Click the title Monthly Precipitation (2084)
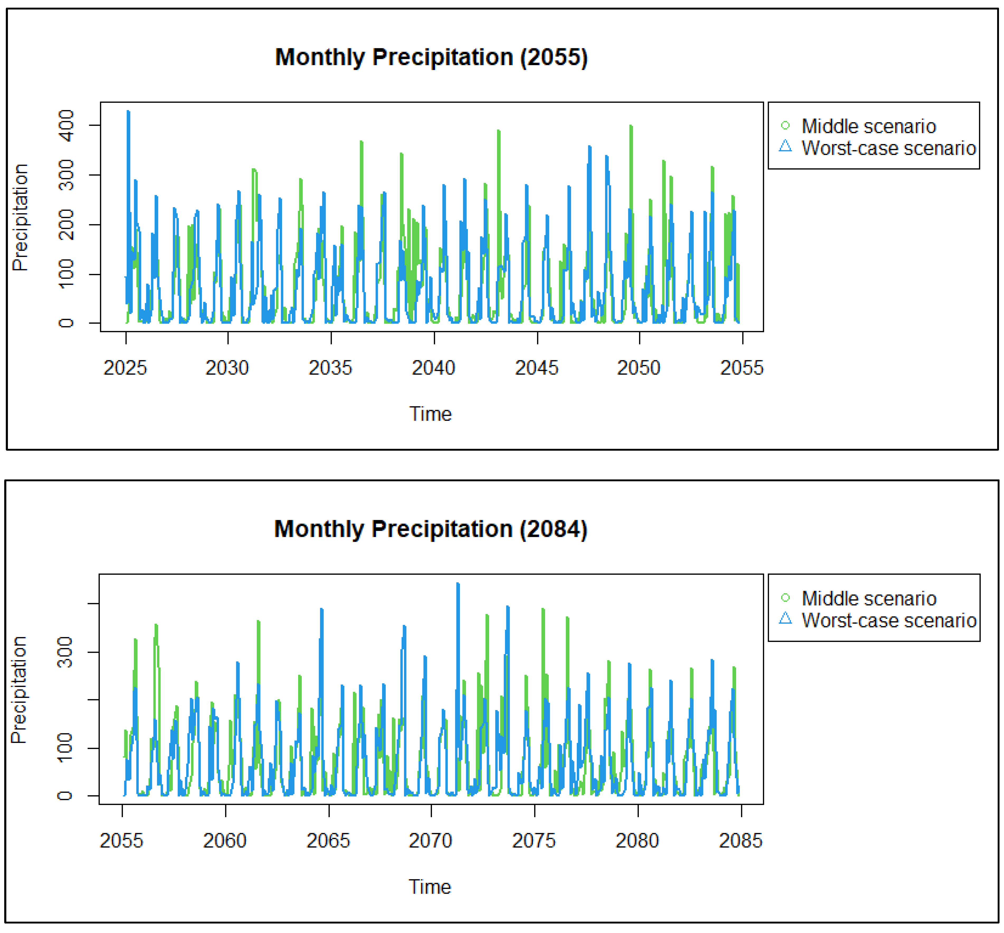coord(431,529)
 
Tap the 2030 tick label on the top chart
coord(227,368)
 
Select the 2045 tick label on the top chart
coord(537,368)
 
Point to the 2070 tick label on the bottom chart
coord(431,841)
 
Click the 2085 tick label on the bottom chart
coord(740,841)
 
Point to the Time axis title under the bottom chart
coord(430,887)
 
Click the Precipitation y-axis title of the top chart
coord(20,217)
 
